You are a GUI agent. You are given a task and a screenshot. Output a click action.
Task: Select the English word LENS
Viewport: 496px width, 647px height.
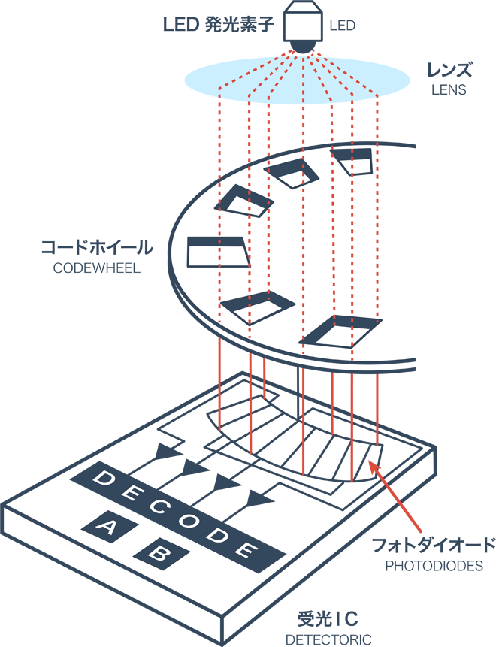click(449, 90)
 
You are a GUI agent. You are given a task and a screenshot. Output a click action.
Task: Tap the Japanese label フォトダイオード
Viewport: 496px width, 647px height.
click(435, 544)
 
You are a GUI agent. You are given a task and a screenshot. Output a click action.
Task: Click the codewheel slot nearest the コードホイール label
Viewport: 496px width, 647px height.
click(219, 251)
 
